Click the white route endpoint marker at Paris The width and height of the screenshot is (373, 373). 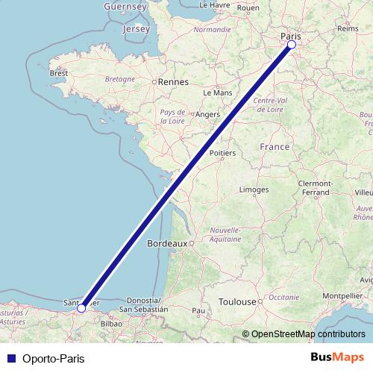click(x=292, y=45)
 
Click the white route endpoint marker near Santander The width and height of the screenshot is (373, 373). click(x=81, y=307)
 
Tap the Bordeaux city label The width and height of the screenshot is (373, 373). click(x=168, y=243)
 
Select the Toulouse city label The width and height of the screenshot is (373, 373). click(x=237, y=302)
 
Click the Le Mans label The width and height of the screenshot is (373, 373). click(x=217, y=93)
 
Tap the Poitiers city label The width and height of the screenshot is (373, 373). click(x=222, y=153)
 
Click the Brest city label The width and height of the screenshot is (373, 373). click(x=59, y=73)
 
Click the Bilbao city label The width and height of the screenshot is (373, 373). click(x=111, y=324)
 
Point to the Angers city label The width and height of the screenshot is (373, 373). click(x=206, y=115)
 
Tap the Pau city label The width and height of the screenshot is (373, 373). click(x=198, y=310)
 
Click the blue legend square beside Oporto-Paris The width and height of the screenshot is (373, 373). click(x=11, y=358)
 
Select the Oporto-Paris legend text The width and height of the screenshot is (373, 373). click(x=54, y=358)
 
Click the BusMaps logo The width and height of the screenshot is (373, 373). click(x=338, y=357)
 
